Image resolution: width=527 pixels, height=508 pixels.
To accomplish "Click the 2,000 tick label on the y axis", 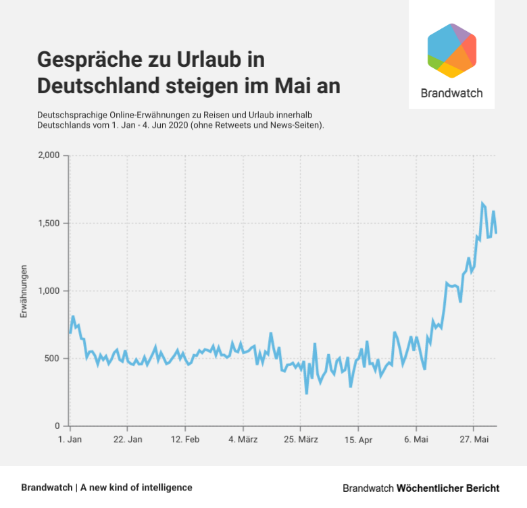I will [x=49, y=156].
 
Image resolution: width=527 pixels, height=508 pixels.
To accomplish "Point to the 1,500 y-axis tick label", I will [x=49, y=224].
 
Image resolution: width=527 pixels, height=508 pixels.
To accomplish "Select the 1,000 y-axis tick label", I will [x=49, y=291].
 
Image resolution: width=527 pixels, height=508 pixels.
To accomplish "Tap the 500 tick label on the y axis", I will [x=54, y=359].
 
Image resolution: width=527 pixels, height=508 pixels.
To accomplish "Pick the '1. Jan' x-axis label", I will [x=70, y=440].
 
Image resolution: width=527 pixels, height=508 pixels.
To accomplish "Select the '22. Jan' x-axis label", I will [x=127, y=440].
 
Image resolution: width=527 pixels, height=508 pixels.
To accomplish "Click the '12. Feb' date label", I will [x=185, y=440].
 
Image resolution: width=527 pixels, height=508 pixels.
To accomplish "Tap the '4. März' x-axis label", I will [x=243, y=440].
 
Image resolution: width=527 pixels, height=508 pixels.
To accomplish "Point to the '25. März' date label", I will [x=301, y=440].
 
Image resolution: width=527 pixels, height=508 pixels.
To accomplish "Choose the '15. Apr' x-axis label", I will [x=359, y=440].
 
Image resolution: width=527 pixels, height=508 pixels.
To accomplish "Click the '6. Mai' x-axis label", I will [x=416, y=440].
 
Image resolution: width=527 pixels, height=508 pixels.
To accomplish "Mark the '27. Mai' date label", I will [x=474, y=440].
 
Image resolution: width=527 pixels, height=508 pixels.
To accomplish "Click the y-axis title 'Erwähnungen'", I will [x=24, y=291].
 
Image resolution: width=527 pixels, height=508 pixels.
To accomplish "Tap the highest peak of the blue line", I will [x=482, y=203].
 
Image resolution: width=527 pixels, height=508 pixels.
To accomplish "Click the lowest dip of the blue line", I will [x=307, y=393].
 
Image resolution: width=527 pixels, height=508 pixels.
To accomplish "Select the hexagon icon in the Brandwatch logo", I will [x=452, y=51].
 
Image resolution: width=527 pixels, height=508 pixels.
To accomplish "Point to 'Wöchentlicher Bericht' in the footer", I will [x=448, y=488].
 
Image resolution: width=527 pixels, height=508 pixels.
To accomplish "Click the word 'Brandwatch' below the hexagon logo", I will [x=451, y=93].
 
